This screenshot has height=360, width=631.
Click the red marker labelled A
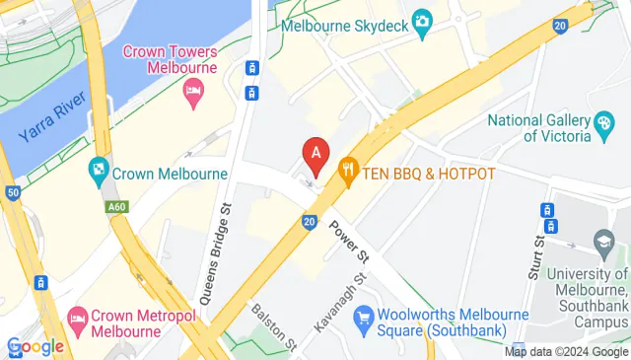point(315,154)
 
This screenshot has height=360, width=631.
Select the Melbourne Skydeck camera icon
point(423,20)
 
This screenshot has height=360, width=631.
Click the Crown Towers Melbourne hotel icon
point(193,93)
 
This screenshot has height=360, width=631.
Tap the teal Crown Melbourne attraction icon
point(98,174)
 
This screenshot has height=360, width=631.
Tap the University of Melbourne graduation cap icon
point(603,241)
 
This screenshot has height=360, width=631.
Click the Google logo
point(35,346)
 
